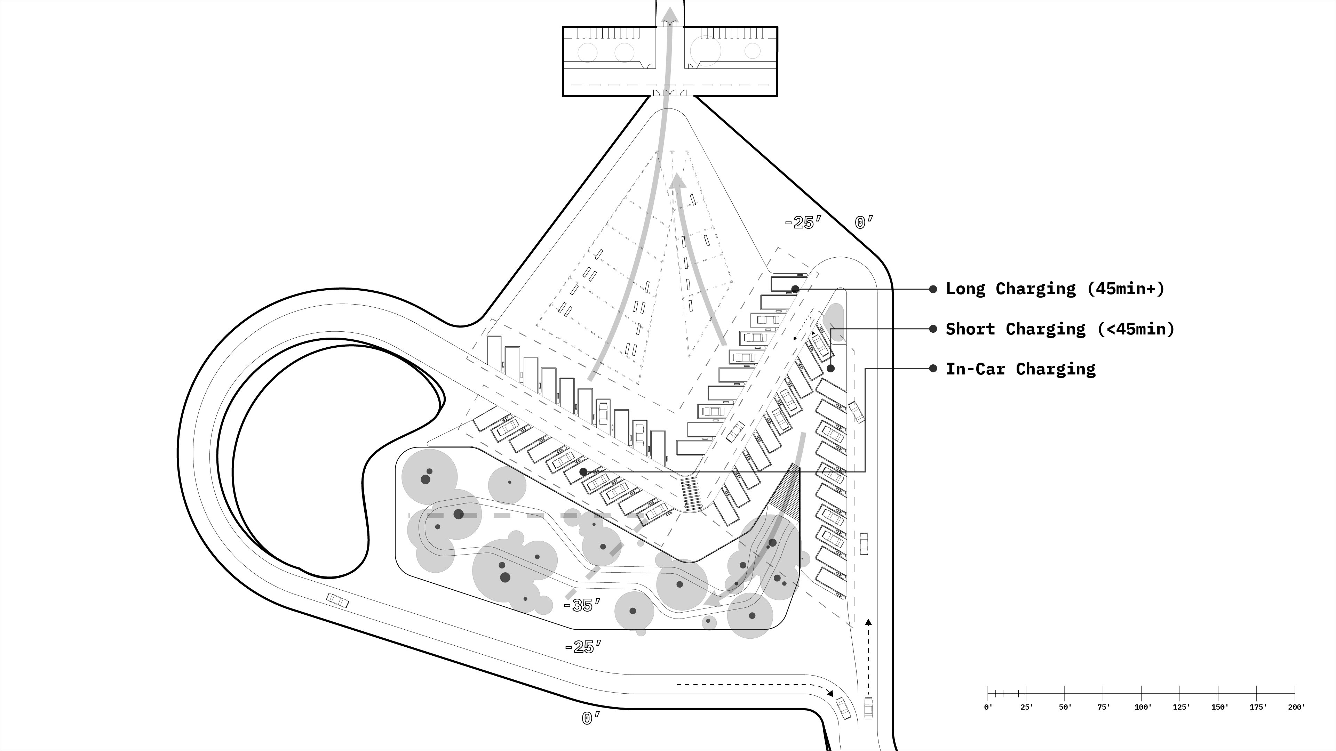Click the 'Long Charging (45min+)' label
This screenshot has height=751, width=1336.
click(x=1055, y=289)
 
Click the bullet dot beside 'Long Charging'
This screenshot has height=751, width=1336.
click(x=933, y=289)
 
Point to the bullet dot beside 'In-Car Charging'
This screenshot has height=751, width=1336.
click(x=933, y=369)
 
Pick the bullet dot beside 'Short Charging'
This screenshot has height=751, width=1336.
click(x=933, y=329)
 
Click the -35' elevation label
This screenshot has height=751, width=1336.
click(x=582, y=605)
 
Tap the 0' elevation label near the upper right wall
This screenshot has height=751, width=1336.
click(x=864, y=223)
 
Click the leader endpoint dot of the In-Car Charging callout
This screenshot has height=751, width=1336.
click(x=583, y=472)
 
